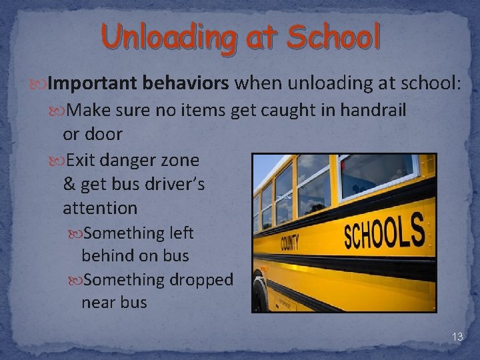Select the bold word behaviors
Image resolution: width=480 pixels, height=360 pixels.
click(183, 83)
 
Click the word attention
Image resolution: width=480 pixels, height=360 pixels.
click(100, 208)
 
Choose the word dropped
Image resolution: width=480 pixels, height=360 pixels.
click(201, 280)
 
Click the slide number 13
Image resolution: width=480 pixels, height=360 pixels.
click(457, 337)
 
